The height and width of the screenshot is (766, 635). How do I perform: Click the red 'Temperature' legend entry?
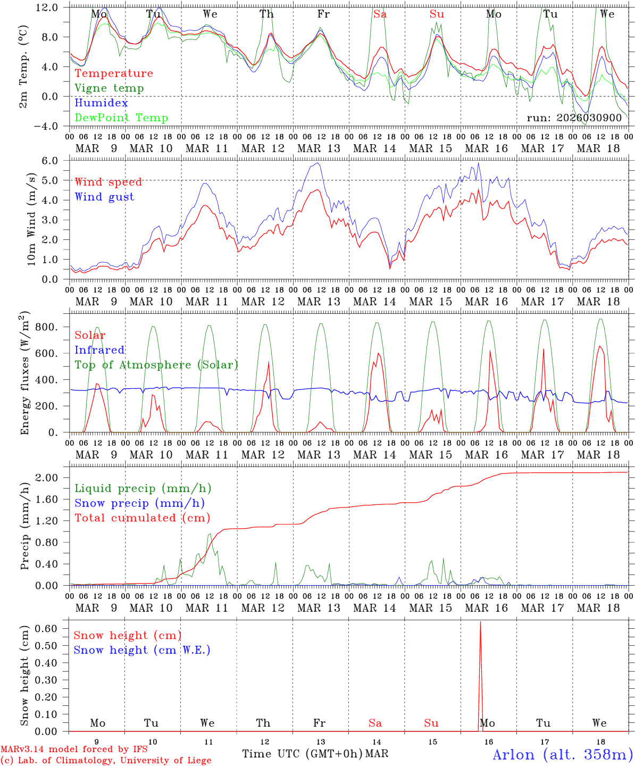pyautogui.click(x=114, y=73)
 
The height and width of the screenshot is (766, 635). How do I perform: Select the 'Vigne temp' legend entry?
pyautogui.click(x=109, y=88)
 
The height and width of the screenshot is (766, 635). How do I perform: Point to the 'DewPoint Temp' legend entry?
pyautogui.click(x=121, y=118)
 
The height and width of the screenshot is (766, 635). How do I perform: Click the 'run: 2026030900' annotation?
pyautogui.click(x=574, y=118)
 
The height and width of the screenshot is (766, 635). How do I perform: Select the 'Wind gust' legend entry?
pyautogui.click(x=104, y=197)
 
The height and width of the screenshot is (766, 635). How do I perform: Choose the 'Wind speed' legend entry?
pyautogui.click(x=108, y=182)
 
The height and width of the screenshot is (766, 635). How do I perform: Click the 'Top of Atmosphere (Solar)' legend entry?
pyautogui.click(x=156, y=365)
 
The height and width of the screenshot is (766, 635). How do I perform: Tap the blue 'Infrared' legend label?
pyautogui.click(x=99, y=350)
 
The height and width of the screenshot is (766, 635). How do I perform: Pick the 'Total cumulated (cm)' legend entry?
pyautogui.click(x=142, y=518)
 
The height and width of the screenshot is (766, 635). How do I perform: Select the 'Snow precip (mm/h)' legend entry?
pyautogui.click(x=139, y=503)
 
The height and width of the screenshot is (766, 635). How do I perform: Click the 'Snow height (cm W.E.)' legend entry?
pyautogui.click(x=142, y=650)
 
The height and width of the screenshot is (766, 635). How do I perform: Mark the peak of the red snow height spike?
pyautogui.click(x=481, y=622)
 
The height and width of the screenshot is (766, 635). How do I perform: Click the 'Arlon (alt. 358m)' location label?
pyautogui.click(x=563, y=754)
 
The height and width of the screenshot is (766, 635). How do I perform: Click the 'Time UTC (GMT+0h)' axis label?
pyautogui.click(x=302, y=754)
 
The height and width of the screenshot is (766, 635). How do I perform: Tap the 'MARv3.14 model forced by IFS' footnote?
pyautogui.click(x=74, y=750)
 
